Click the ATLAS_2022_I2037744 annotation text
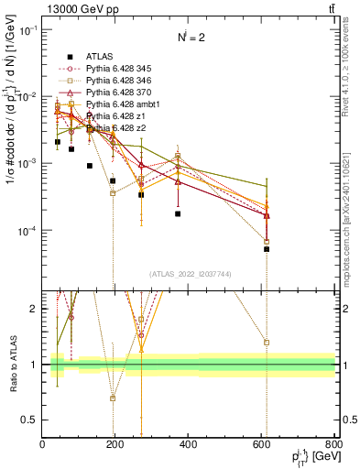coord(189,273)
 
